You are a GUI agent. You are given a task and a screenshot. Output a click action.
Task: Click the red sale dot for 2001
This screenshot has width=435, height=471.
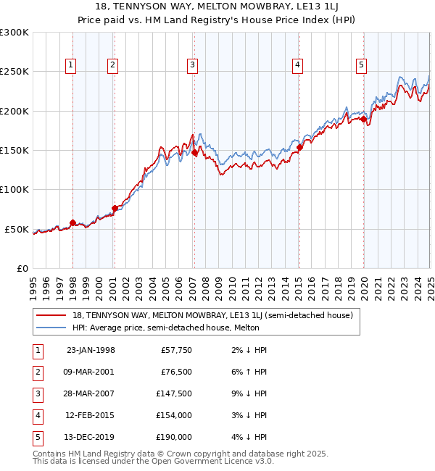pyautogui.click(x=115, y=208)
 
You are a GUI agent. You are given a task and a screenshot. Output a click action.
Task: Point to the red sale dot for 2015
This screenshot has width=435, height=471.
pyautogui.click(x=299, y=147)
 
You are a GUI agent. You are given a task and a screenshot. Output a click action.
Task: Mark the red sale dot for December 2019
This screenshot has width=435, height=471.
pyautogui.click(x=363, y=119)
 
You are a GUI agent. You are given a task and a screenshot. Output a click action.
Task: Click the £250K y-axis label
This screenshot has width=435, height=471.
pyautogui.click(x=14, y=72)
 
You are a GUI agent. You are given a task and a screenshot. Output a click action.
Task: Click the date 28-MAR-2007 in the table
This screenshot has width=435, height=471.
pyautogui.click(x=91, y=393)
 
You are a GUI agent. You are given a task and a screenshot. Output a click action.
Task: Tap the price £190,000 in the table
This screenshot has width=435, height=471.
pyautogui.click(x=175, y=437)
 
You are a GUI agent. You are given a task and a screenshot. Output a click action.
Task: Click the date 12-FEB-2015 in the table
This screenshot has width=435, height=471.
pyautogui.click(x=91, y=415)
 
